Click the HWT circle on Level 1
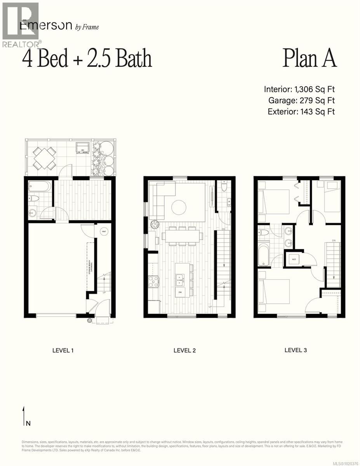click(x=103, y=232)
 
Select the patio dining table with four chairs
click(x=44, y=158)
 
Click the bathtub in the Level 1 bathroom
click(x=40, y=187)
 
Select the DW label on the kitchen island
click(x=180, y=292)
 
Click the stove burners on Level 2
click(x=153, y=281)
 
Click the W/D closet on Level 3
click(x=294, y=259)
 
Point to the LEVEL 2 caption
click(x=184, y=350)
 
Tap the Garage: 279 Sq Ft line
click(x=301, y=101)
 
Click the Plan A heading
click(x=309, y=59)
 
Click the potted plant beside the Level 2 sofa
click(x=154, y=224)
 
